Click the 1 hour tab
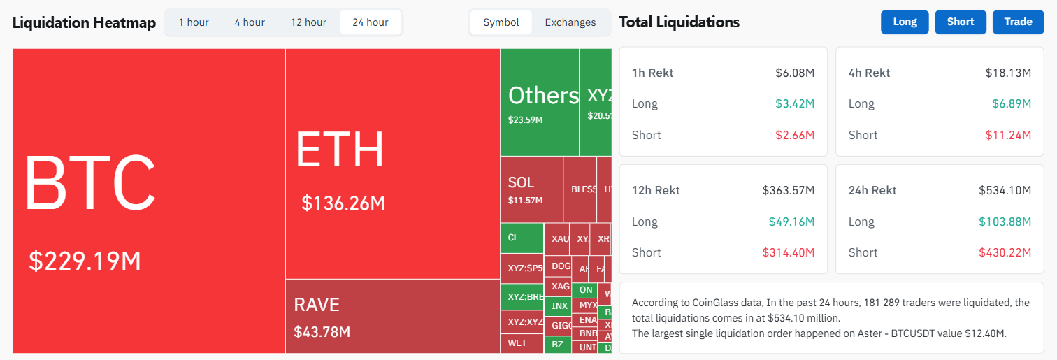click(194, 22)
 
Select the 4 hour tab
click(250, 22)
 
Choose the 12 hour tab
click(308, 22)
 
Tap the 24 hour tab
click(370, 22)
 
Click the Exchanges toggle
click(570, 22)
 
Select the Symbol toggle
click(501, 22)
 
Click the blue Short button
click(960, 22)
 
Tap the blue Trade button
click(1018, 22)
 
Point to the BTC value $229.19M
click(85, 261)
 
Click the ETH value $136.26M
click(343, 203)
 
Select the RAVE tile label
click(317, 305)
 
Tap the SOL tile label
click(521, 182)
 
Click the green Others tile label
click(543, 96)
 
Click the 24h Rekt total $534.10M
click(1005, 190)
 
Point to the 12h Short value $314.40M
click(788, 252)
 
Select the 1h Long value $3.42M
click(795, 103)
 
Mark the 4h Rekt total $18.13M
click(1008, 73)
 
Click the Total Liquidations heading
click(679, 22)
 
